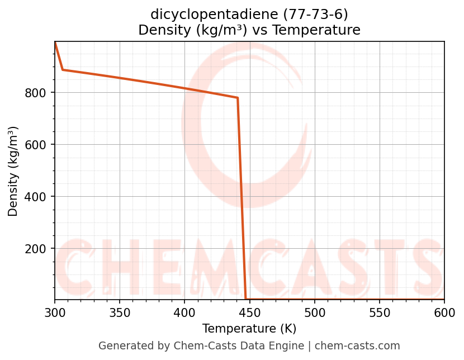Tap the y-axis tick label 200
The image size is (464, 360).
coord(35,249)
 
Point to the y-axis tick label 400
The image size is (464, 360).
coord(35,197)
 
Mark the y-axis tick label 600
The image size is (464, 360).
coord(35,145)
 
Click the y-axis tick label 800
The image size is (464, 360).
coord(35,93)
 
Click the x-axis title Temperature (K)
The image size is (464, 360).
coord(249,329)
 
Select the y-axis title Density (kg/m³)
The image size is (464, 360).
coord(13,171)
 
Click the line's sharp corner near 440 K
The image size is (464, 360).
coord(238,98)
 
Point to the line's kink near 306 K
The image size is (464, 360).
coord(63,70)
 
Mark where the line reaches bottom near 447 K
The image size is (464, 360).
coord(246,299)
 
